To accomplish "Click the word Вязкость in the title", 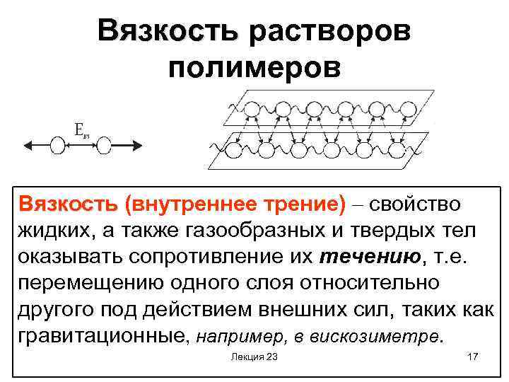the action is pos(169,33).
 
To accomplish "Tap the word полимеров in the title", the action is pos(255,68).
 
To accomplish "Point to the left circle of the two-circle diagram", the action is pos(58,146).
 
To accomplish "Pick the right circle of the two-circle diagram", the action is pos(105,146).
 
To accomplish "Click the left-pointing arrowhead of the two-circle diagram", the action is pos(28,146).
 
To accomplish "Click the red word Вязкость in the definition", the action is pos(68,204).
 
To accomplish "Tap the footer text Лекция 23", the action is pos(254,357).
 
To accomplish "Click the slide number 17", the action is pos(473,357).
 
